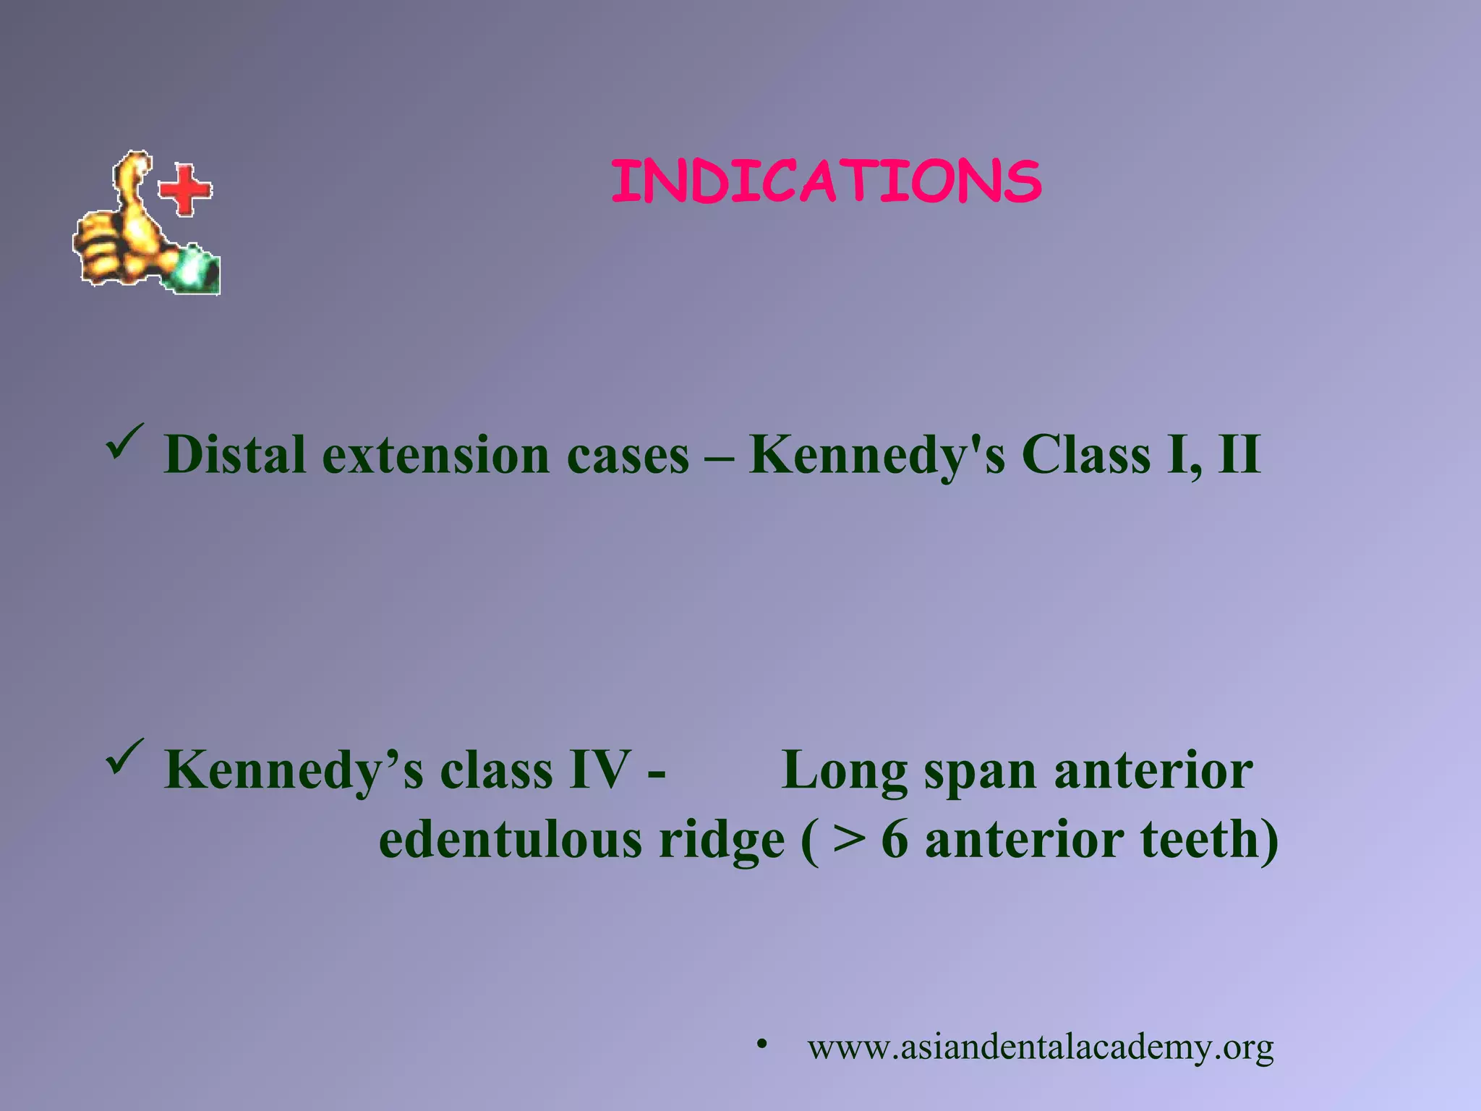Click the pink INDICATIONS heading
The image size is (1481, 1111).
click(x=826, y=181)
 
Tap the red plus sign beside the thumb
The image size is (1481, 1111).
click(x=185, y=190)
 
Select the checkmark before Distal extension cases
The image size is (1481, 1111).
click(x=124, y=443)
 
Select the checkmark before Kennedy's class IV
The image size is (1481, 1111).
click(x=124, y=757)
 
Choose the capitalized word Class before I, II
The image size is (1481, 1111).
click(x=1085, y=455)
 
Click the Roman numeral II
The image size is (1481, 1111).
click(x=1239, y=455)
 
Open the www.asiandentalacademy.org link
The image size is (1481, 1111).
click(x=1040, y=1047)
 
